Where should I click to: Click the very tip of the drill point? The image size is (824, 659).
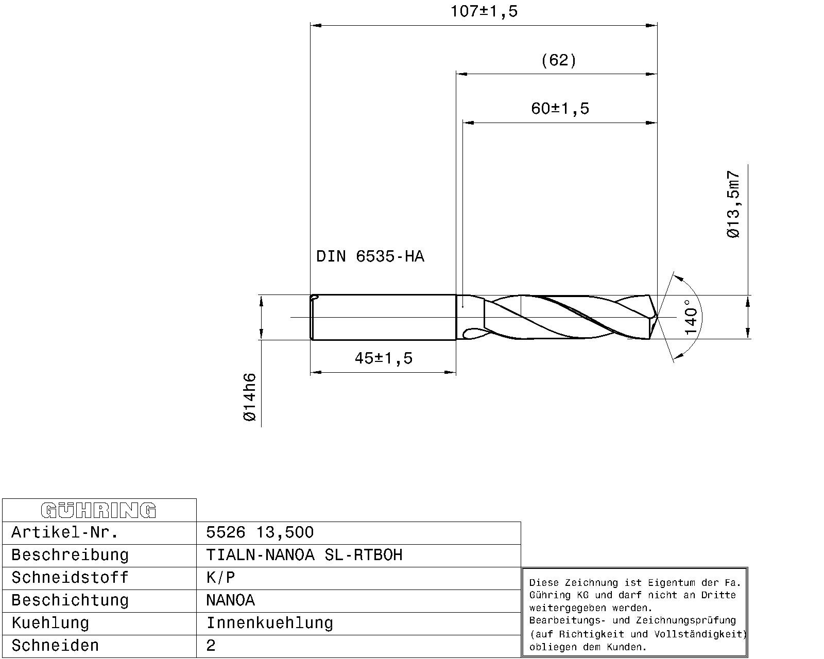[657, 317]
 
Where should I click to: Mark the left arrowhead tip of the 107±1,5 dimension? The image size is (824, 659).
[311, 26]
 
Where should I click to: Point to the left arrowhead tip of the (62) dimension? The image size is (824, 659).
[456, 74]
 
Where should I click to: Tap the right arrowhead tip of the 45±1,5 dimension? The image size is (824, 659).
[456, 372]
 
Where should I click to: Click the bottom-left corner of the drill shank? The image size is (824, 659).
[311, 339]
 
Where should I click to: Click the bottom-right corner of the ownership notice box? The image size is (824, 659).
[748, 657]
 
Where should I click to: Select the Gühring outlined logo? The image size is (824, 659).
[98, 510]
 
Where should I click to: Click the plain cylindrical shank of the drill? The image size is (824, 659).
[383, 317]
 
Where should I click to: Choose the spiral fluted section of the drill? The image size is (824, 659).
[557, 317]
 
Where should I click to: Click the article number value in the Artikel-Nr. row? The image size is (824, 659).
[260, 532]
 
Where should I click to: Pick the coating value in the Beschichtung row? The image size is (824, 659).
[231, 600]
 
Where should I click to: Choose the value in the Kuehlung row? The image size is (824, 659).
[269, 622]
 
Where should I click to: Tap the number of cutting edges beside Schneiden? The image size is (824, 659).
[211, 645]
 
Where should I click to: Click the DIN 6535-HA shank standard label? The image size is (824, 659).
[370, 256]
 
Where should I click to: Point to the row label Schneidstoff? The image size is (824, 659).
[70, 578]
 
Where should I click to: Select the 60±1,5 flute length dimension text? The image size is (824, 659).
[560, 109]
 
